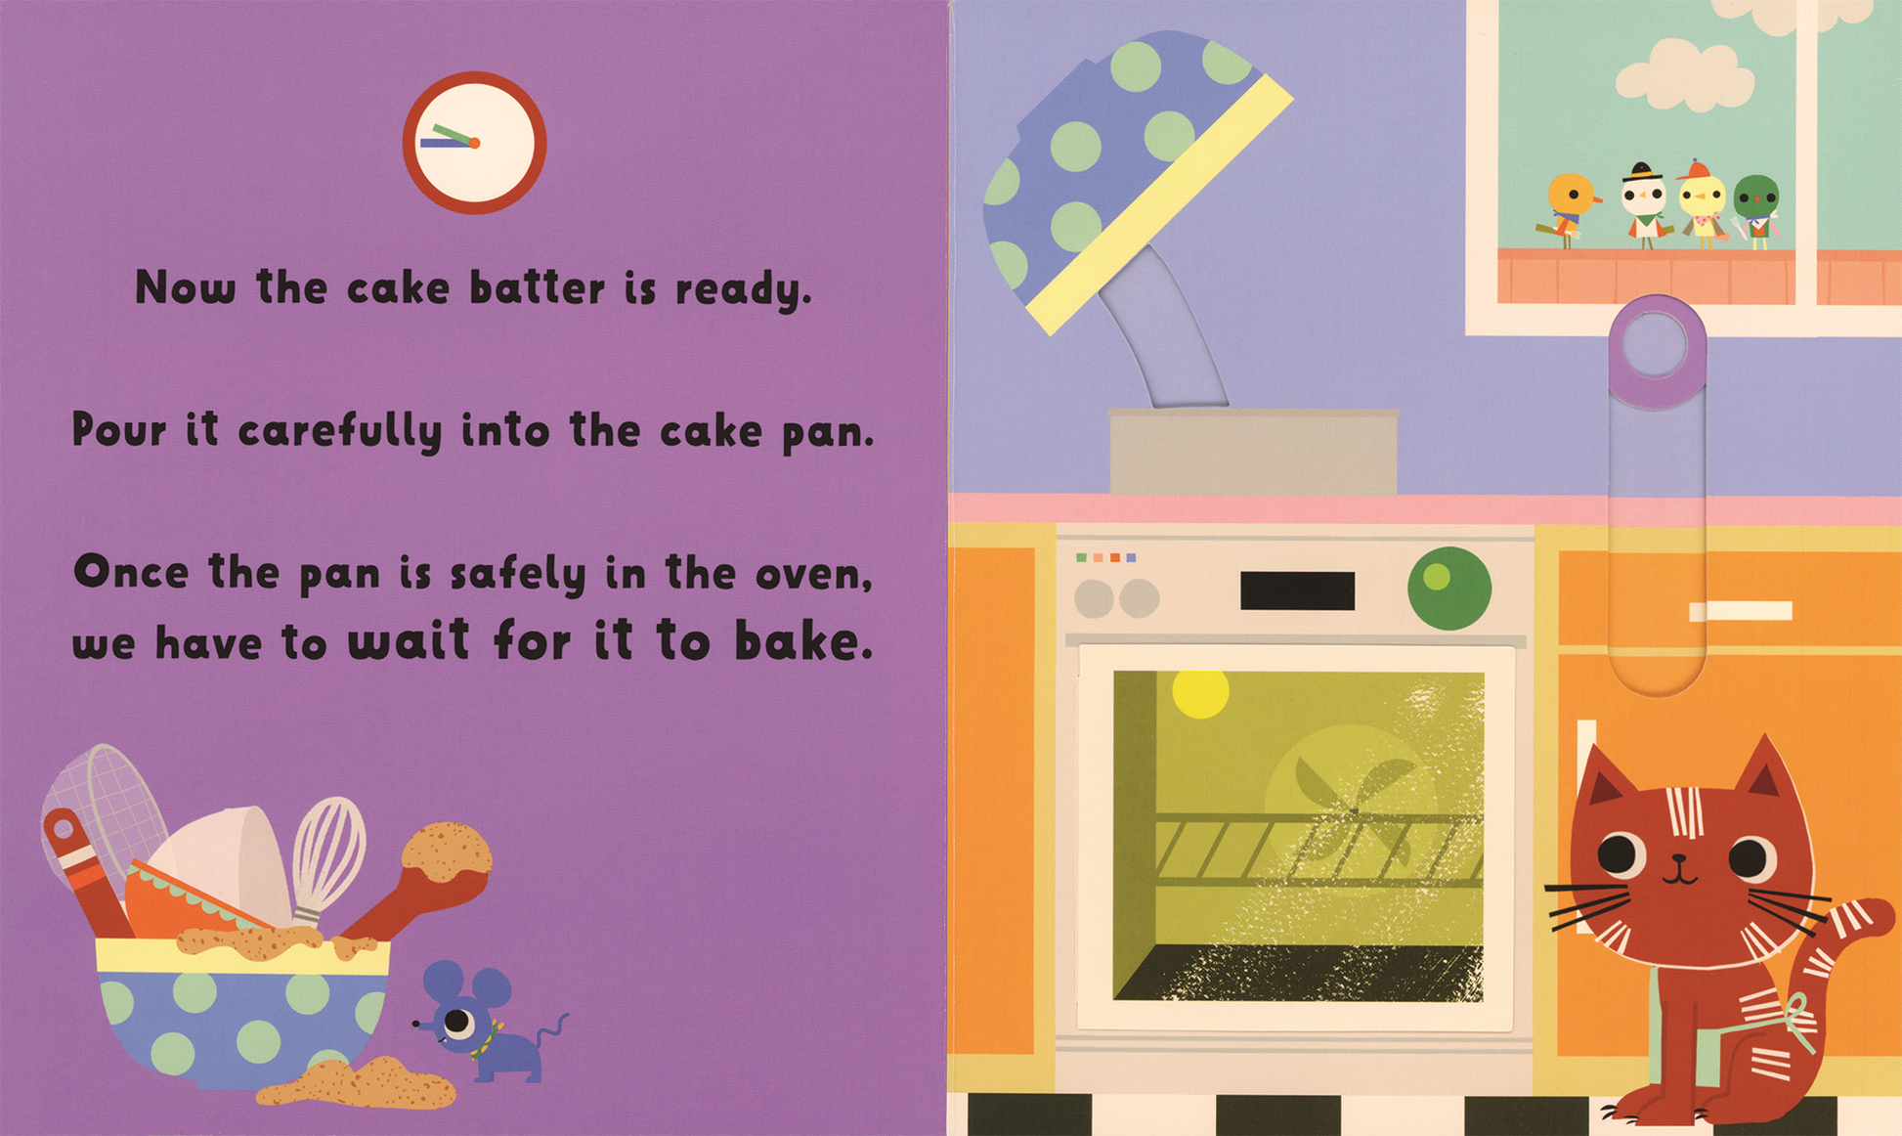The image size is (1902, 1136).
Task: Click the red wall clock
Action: click(x=474, y=143)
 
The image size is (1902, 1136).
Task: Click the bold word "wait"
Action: click(x=409, y=640)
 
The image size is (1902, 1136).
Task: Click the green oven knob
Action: click(x=1448, y=588)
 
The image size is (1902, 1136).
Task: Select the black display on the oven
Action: click(x=1297, y=590)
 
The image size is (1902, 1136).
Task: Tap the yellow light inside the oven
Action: click(x=1200, y=692)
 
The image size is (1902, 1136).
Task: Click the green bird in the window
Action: click(x=1756, y=210)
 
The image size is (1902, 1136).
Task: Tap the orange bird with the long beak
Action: click(x=1568, y=207)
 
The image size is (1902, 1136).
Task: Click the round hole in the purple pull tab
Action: click(x=1656, y=344)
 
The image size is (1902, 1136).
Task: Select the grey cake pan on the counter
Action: click(x=1253, y=452)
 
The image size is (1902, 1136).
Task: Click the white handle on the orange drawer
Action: click(x=1741, y=611)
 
